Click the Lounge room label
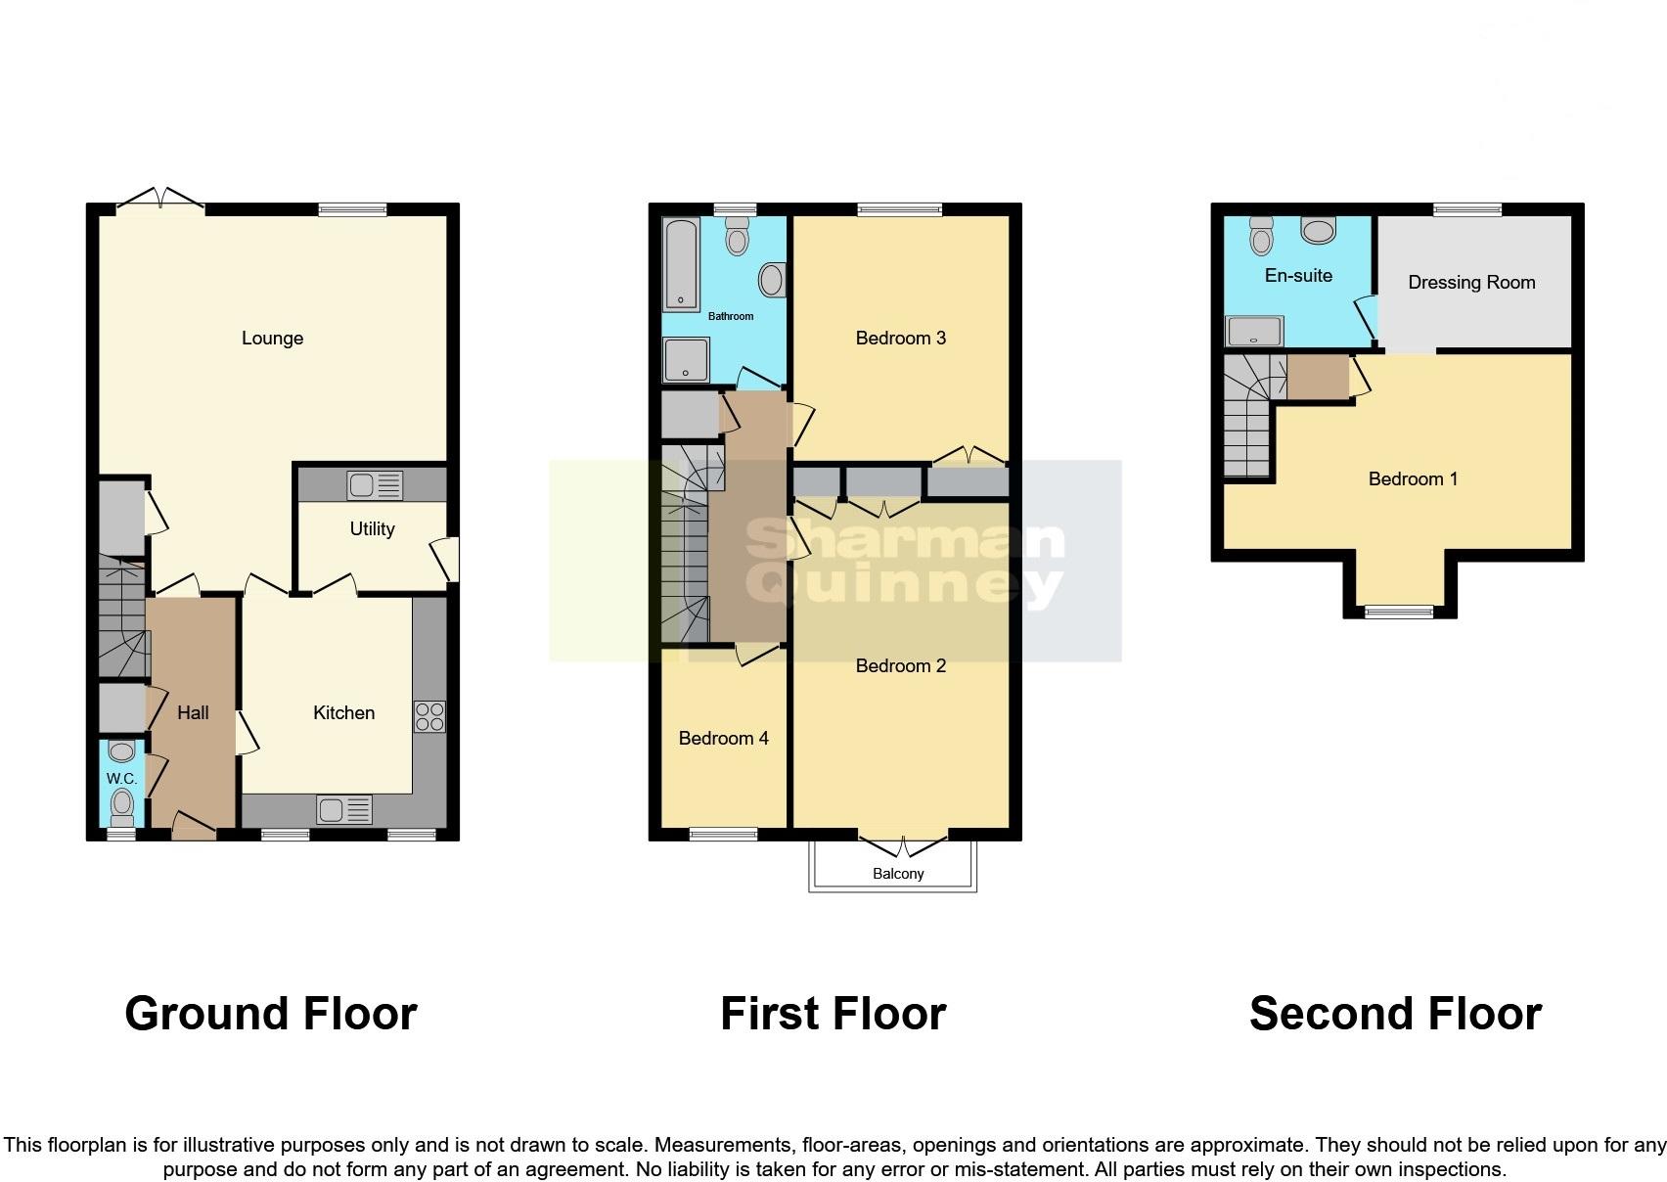(x=272, y=339)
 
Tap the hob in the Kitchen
(x=429, y=717)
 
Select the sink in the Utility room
(x=374, y=485)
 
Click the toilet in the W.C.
(x=121, y=806)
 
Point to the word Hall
(x=193, y=713)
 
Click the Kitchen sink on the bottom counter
(x=343, y=810)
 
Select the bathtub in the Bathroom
(x=680, y=263)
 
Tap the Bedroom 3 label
(x=900, y=339)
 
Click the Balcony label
(x=897, y=874)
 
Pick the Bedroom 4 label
(x=723, y=739)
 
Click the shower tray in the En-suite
(x=1254, y=332)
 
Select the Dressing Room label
(x=1470, y=283)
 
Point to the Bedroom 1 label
(x=1412, y=479)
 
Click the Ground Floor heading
(x=271, y=1014)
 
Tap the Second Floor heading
(x=1395, y=1014)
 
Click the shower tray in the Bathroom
(x=686, y=359)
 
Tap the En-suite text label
(x=1298, y=276)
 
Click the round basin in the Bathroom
(x=772, y=281)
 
